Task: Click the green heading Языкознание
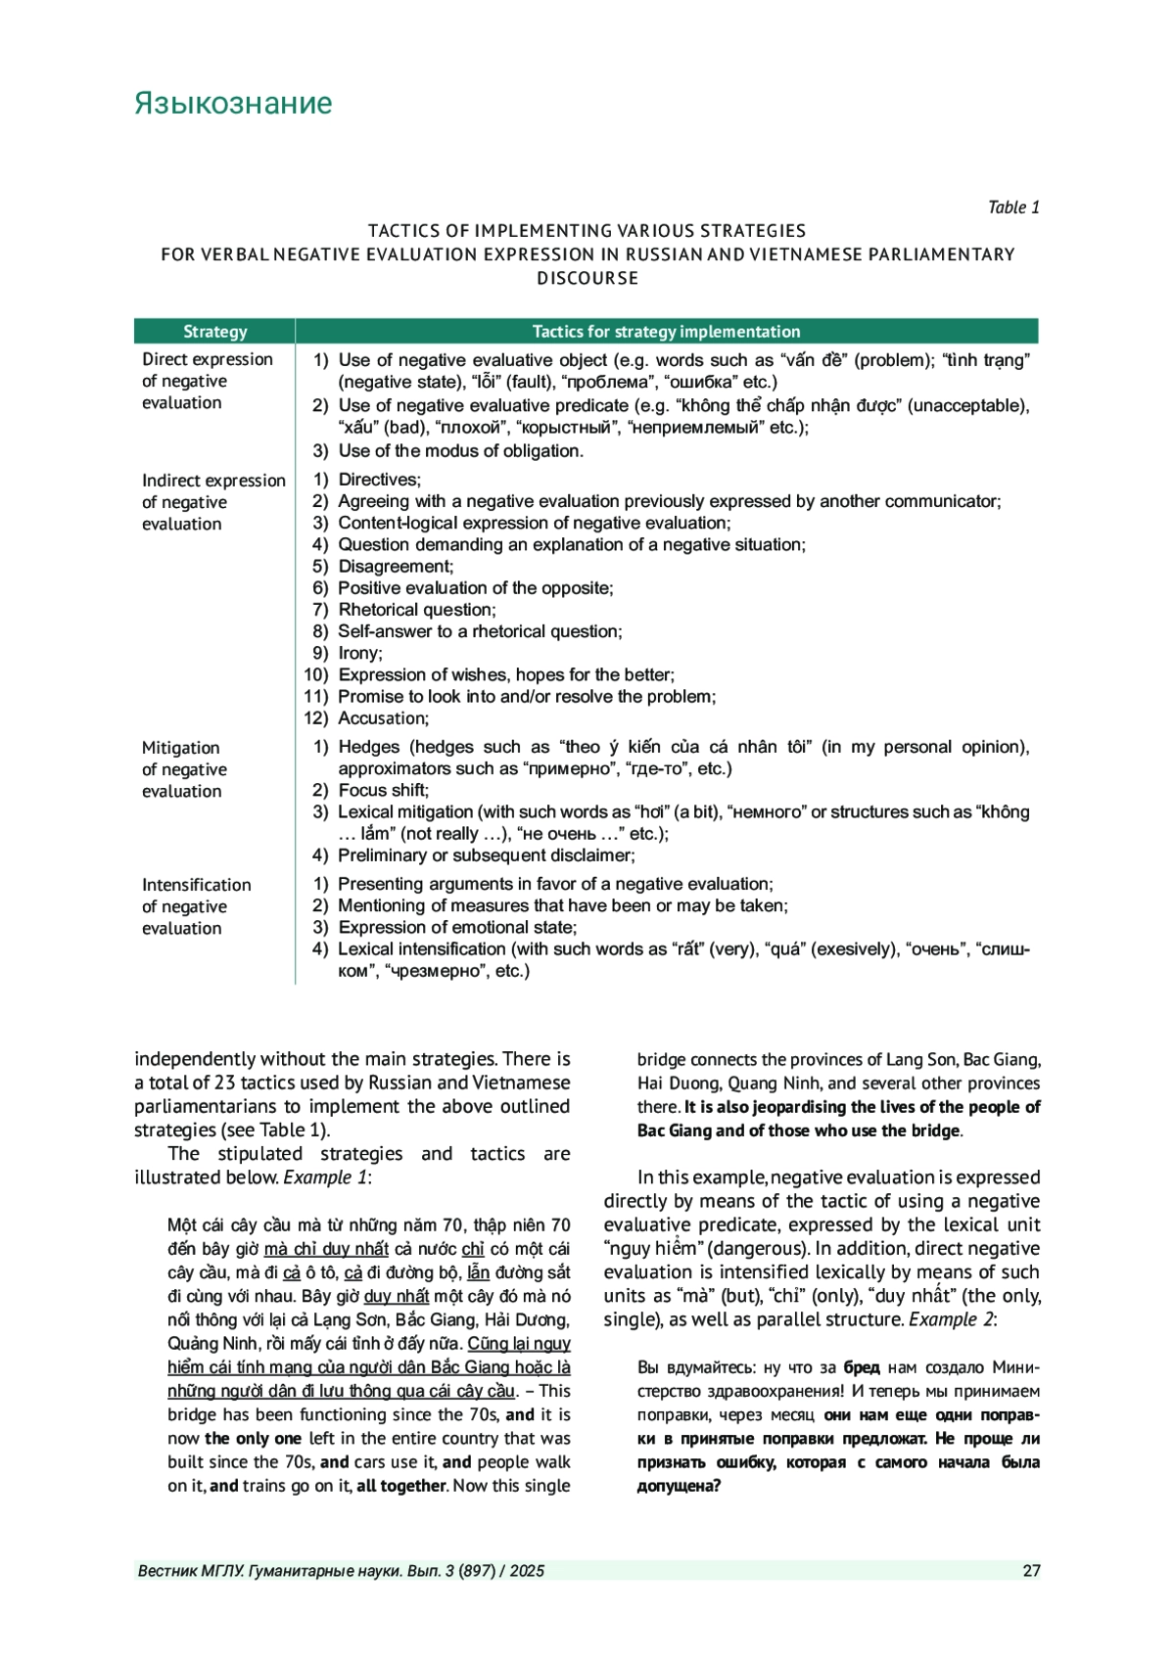click(x=233, y=104)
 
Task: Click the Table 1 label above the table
click(x=1012, y=208)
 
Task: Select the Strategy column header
click(x=214, y=332)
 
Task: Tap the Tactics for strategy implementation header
click(x=666, y=332)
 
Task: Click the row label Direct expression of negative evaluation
click(x=207, y=381)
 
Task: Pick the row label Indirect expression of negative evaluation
click(x=212, y=502)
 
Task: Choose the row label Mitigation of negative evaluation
click(x=184, y=769)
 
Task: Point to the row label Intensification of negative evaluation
click(x=196, y=906)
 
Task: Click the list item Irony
click(x=359, y=653)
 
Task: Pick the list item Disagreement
click(x=396, y=567)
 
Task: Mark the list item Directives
click(x=379, y=480)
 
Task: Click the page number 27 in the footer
click(x=1031, y=1571)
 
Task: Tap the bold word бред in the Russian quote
click(x=861, y=1367)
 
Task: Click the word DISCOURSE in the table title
click(x=587, y=278)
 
